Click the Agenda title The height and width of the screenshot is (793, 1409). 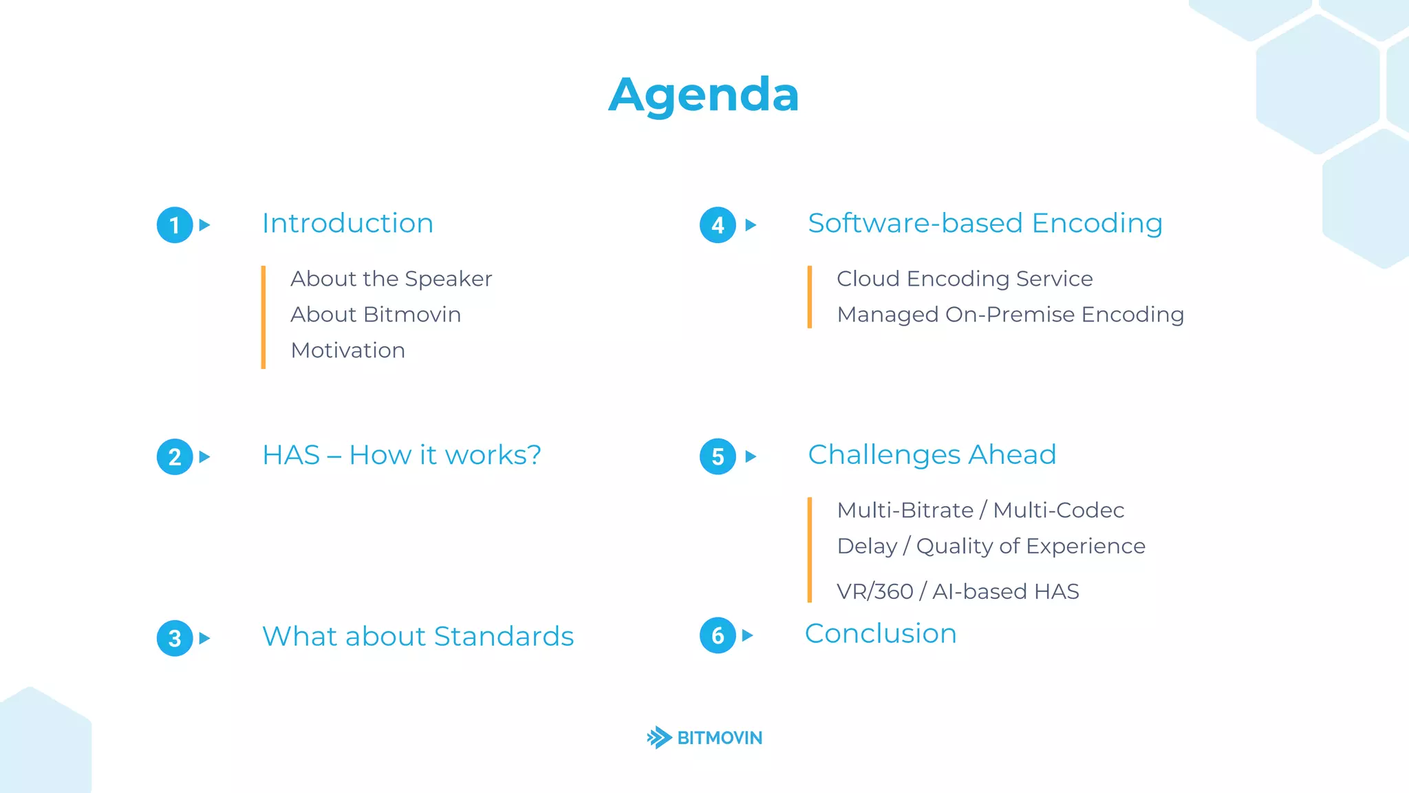tap(704, 95)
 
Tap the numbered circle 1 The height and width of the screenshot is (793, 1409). tap(175, 225)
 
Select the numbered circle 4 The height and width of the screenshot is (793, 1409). tap(718, 225)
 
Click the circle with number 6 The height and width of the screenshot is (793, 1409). tap(718, 635)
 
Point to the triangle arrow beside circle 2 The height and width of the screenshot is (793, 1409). tap(204, 456)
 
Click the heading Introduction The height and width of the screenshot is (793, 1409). tap(347, 224)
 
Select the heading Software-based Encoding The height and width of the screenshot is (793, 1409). tap(985, 224)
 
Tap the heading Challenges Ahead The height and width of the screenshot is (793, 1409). tap(932, 455)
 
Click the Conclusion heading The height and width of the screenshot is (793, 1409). tap(881, 634)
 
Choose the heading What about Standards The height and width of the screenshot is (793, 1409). tap(418, 637)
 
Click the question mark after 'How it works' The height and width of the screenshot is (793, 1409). tap(533, 455)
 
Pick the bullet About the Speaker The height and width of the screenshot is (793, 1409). tap(391, 279)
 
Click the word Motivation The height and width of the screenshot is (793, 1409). tap(347, 350)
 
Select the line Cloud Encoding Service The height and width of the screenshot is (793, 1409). tap(964, 279)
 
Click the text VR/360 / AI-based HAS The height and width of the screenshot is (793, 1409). tap(957, 591)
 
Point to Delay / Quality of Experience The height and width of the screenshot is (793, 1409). tap(991, 546)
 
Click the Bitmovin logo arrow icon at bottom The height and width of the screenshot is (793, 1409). tap(659, 737)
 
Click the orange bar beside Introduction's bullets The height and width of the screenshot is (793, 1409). tap(263, 317)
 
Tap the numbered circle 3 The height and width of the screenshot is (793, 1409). tap(175, 638)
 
